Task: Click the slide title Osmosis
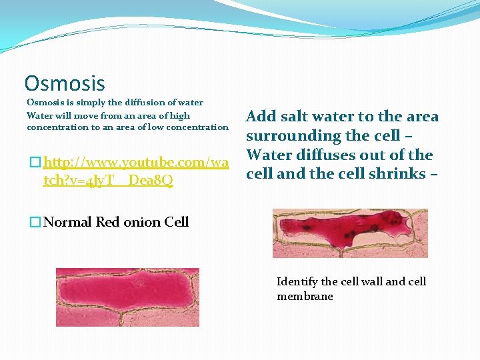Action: click(65, 83)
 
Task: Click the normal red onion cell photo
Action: click(127, 297)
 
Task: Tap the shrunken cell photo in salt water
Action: click(350, 233)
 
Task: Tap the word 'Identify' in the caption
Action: click(297, 281)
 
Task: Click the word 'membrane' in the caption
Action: click(305, 296)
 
